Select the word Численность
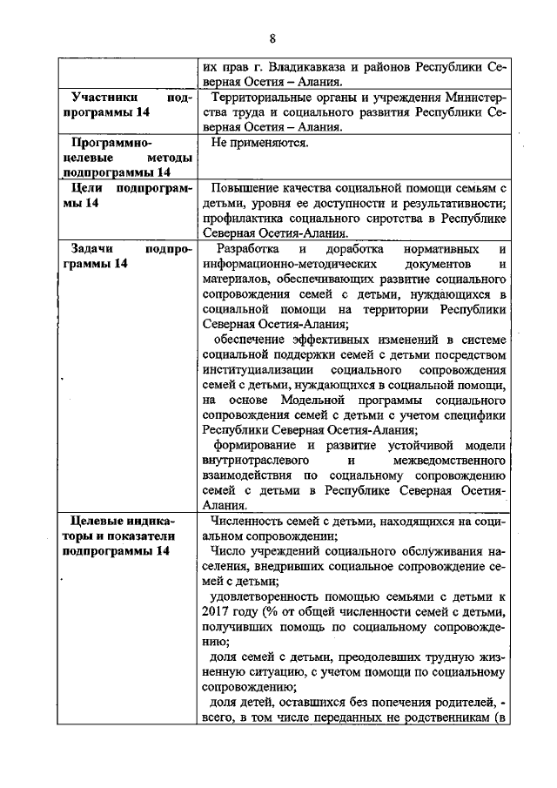click(x=249, y=521)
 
